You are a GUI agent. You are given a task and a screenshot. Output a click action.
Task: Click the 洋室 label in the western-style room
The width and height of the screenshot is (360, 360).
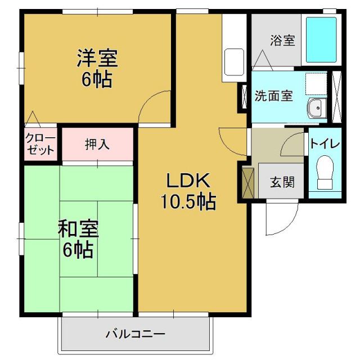[x=97, y=58]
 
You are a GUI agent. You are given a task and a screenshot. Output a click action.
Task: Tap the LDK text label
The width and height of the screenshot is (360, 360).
[x=187, y=180]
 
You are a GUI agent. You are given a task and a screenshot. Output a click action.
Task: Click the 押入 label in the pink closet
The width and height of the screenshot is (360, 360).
[x=97, y=144]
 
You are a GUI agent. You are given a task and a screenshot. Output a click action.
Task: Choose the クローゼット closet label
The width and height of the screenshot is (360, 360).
[x=40, y=145]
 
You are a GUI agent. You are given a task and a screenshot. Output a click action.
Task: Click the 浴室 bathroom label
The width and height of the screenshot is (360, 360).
[x=282, y=40]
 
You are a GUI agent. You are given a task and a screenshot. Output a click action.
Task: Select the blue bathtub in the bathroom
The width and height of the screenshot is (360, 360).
[x=321, y=40]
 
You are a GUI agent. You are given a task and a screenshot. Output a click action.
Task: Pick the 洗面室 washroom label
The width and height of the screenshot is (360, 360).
[x=273, y=95]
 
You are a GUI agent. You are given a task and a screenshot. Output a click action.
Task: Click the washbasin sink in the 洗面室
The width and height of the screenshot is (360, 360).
[x=316, y=107]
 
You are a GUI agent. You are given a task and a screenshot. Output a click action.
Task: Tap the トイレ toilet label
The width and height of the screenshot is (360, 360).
[x=325, y=143]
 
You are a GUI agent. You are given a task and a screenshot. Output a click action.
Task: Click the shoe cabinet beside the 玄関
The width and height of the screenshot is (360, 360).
[x=247, y=182]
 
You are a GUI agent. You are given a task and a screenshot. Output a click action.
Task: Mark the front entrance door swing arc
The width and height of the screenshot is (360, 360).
[x=281, y=219]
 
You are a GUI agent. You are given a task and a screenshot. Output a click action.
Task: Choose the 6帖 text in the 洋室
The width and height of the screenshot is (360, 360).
[x=97, y=79]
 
